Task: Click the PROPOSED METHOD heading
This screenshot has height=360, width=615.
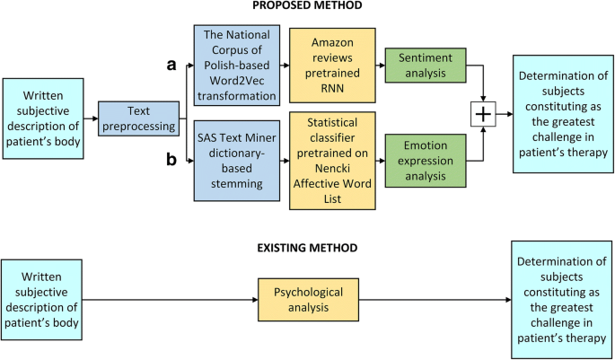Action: click(307, 7)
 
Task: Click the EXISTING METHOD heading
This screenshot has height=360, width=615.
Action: click(307, 247)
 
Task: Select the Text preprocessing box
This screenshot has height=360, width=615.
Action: click(136, 117)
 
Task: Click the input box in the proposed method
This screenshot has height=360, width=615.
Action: click(44, 117)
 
